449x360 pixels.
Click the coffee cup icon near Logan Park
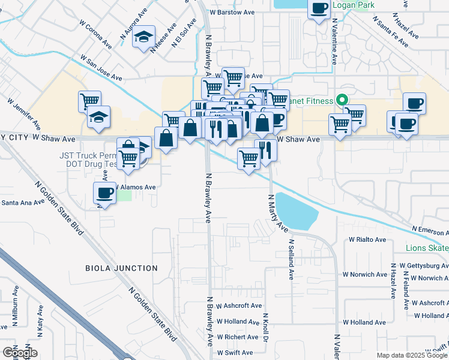pyautogui.click(x=318, y=8)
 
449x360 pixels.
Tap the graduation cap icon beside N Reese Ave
pyautogui.click(x=144, y=37)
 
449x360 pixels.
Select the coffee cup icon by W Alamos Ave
pyautogui.click(x=105, y=193)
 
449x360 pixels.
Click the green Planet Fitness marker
pyautogui.click(x=342, y=100)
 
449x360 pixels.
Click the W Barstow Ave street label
pyautogui.click(x=236, y=11)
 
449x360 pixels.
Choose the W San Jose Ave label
pyautogui.click(x=101, y=70)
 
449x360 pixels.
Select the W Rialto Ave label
pyautogui.click(x=367, y=239)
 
